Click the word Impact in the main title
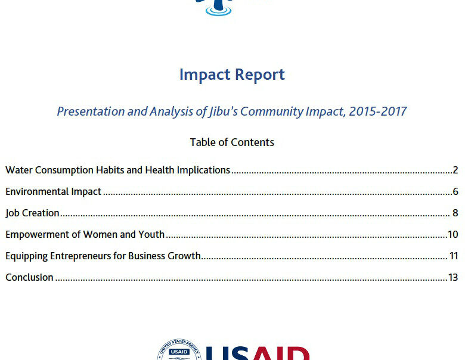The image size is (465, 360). coord(205,75)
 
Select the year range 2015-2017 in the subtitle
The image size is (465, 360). coord(377,111)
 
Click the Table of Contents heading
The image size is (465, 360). coord(232,142)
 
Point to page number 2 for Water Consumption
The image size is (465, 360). coord(455,170)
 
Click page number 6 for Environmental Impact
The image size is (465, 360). coord(455,191)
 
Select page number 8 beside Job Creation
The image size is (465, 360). coord(455,213)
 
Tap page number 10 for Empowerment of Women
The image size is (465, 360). coord(453,235)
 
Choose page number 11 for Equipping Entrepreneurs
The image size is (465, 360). coord(454,256)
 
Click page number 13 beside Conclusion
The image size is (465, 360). coord(453,277)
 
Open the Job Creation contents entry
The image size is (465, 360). coord(32,213)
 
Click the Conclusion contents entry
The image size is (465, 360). coord(29,277)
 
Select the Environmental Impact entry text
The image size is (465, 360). coord(54,192)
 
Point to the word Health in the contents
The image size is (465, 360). coord(160,170)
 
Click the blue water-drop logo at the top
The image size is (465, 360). coord(219,7)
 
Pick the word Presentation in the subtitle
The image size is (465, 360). coord(91,111)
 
